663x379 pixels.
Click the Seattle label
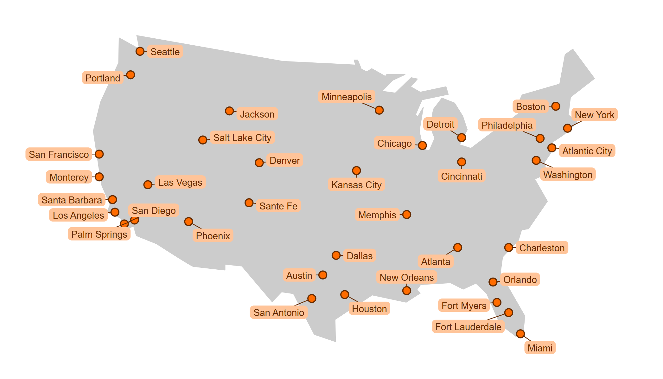[165, 52]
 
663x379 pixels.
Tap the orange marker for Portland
[131, 75]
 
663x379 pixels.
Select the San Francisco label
[59, 154]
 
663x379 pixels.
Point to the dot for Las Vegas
[148, 184]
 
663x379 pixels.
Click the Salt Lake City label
[242, 138]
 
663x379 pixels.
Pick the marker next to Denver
[259, 163]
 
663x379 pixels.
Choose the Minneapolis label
[347, 97]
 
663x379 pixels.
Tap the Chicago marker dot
[422, 145]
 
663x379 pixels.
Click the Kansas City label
[356, 185]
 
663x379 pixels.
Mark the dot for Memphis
[407, 215]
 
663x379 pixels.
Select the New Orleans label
[406, 277]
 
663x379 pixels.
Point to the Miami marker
[520, 334]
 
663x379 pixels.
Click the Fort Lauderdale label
[468, 327]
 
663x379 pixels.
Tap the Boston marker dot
[556, 106]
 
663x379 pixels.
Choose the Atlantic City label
[587, 151]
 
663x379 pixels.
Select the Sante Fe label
[278, 206]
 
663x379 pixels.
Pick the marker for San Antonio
[312, 299]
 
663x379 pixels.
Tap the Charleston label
[542, 248]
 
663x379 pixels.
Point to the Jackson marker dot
[229, 111]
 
